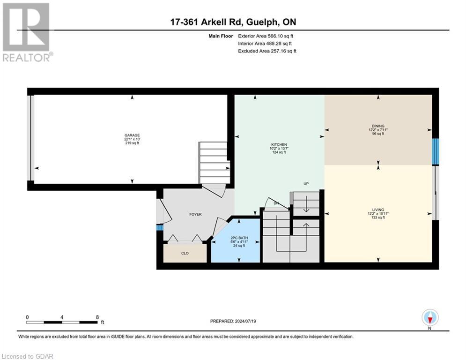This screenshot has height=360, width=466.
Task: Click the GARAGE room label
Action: (x=132, y=135)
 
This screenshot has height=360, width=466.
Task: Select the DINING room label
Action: (x=378, y=126)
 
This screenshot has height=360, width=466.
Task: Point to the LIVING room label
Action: (x=378, y=210)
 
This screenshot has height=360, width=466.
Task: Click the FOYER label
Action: (x=195, y=214)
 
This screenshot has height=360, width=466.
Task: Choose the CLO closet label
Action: (x=185, y=253)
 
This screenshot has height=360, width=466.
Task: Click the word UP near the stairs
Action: (x=305, y=184)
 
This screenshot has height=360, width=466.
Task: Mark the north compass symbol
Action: (x=430, y=317)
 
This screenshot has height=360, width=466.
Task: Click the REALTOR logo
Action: (x=27, y=32)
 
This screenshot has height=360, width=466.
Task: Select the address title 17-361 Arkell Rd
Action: (x=233, y=22)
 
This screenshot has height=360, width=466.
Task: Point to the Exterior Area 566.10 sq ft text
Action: (x=266, y=36)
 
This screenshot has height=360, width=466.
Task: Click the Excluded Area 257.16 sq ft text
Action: (x=267, y=51)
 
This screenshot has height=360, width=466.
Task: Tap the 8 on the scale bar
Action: (x=96, y=317)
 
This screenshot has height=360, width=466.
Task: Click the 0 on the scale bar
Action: (x=28, y=317)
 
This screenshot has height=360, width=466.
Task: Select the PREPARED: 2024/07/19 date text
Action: (x=233, y=321)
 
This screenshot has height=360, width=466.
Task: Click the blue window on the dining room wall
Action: (x=435, y=151)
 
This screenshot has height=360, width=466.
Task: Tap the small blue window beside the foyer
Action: (x=159, y=227)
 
